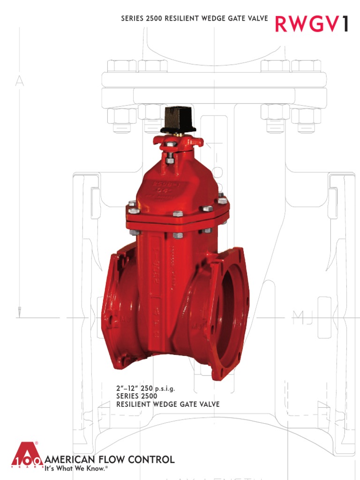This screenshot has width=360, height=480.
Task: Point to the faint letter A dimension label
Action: point(19,82)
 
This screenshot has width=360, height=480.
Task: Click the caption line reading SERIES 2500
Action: point(136,396)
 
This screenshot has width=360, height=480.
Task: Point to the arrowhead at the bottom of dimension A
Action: point(19,311)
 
